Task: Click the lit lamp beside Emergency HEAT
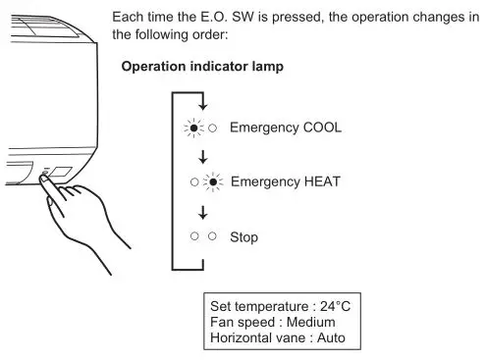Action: (x=213, y=182)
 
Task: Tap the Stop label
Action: (x=243, y=236)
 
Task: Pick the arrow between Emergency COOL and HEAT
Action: (x=204, y=156)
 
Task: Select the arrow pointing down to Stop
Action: (x=204, y=210)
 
